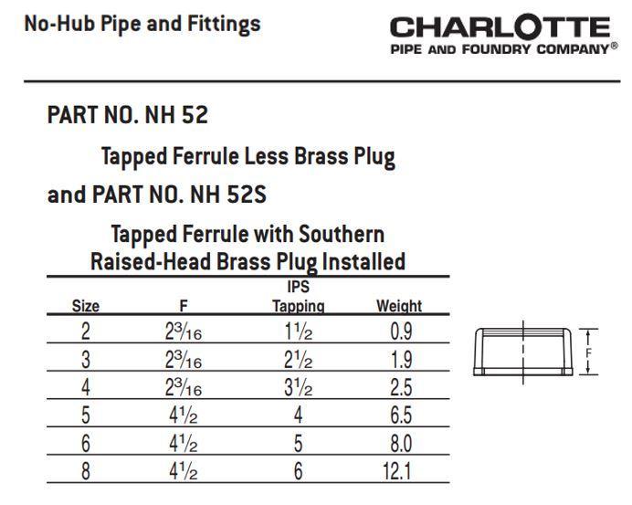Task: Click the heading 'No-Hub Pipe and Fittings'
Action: point(142,24)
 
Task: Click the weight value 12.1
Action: point(399,471)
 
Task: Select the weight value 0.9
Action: point(399,331)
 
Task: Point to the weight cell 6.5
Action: point(399,416)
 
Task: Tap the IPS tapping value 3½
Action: point(298,387)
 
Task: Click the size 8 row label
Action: point(86,471)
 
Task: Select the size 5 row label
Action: point(86,416)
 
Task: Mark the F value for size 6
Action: point(183,444)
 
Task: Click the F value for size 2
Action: point(183,331)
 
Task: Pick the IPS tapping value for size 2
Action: point(298,331)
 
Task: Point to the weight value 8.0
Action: point(399,444)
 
